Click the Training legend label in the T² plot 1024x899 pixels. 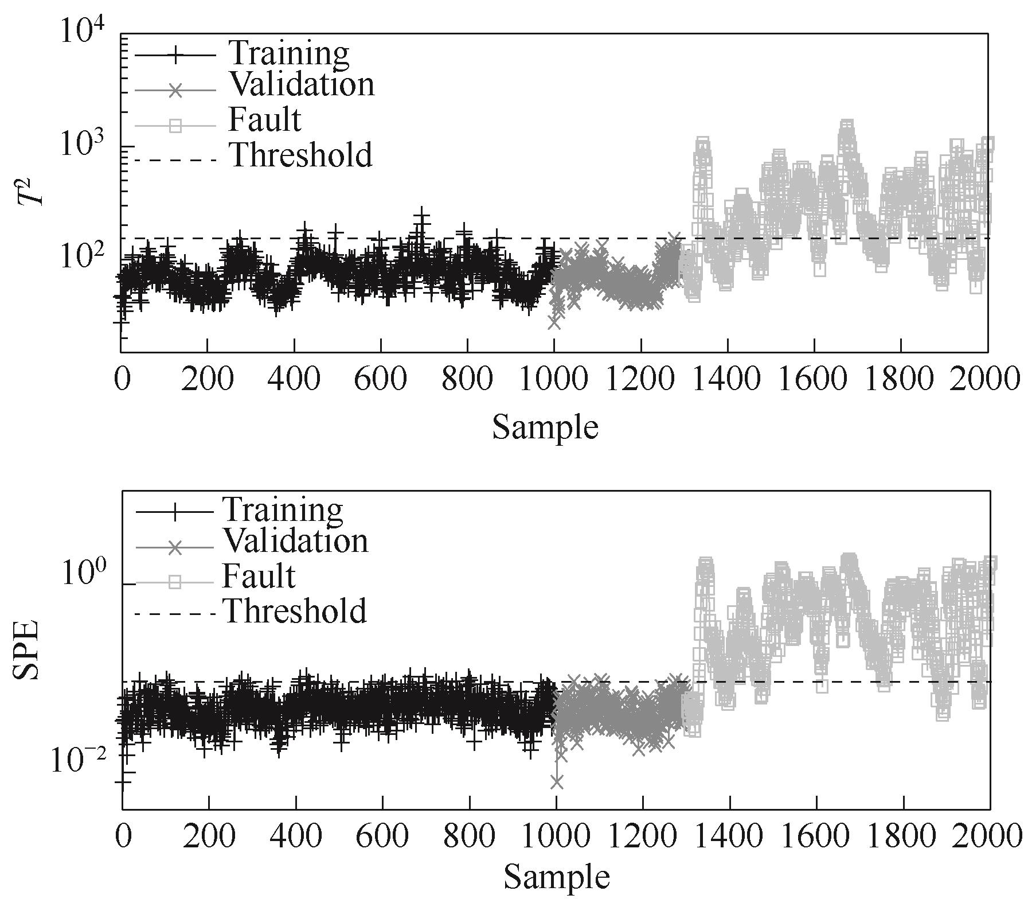[288, 53]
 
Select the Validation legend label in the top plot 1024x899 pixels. [301, 85]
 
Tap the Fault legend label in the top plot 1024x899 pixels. [264, 120]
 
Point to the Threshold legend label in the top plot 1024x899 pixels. [300, 155]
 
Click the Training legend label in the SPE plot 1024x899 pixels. [283, 508]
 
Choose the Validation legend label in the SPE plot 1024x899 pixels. [295, 540]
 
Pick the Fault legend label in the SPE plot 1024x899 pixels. [259, 576]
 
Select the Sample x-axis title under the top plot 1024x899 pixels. [545, 427]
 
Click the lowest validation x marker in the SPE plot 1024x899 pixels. [556, 781]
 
